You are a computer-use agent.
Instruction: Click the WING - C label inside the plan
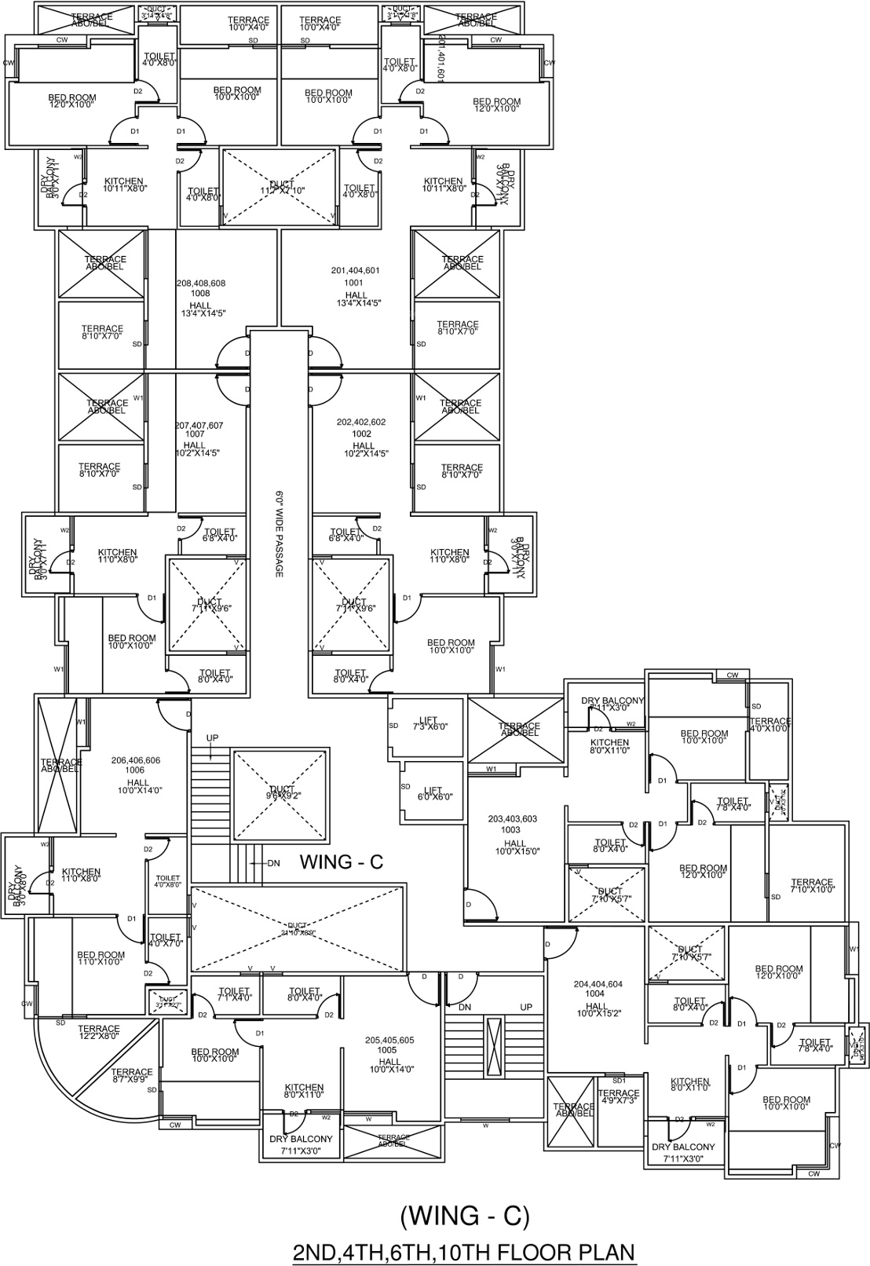click(342, 862)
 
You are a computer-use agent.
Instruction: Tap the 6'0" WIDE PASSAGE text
click(278, 534)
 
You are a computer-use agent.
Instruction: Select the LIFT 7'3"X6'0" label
click(428, 723)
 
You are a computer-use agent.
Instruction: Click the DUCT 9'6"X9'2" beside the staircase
click(281, 793)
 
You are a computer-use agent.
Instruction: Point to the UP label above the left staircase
click(212, 738)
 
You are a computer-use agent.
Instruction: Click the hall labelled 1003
click(514, 835)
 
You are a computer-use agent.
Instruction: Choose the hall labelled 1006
click(137, 771)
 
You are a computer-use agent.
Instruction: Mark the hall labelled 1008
click(200, 295)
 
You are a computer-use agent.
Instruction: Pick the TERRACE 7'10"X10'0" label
click(811, 886)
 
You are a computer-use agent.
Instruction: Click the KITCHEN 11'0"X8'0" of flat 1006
click(81, 876)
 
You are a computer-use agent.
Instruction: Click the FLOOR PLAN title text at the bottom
click(463, 1250)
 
